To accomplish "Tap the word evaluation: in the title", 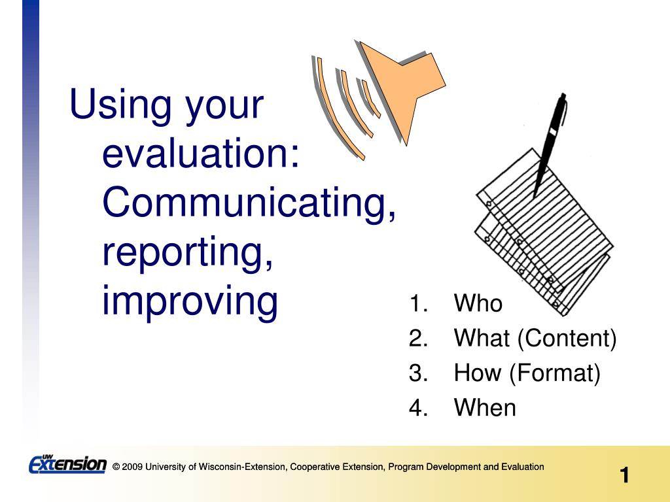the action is pyautogui.click(x=201, y=153).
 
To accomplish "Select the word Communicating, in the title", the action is pyautogui.click(x=249, y=204).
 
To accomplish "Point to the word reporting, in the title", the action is pyautogui.click(x=188, y=254).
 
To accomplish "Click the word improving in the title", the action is pyautogui.click(x=190, y=302).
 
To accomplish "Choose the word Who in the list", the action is pyautogui.click(x=478, y=303).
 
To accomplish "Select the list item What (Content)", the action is pyautogui.click(x=535, y=338).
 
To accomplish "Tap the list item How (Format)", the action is pyautogui.click(x=527, y=373).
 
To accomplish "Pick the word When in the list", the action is pyautogui.click(x=485, y=407).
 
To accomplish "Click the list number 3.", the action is pyautogui.click(x=418, y=373).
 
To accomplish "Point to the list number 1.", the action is pyautogui.click(x=418, y=303).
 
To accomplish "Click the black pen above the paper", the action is pyautogui.click(x=550, y=145).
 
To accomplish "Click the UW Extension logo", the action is pyautogui.click(x=67, y=464).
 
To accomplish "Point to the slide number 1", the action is pyautogui.click(x=624, y=475).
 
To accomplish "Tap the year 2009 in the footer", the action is pyautogui.click(x=132, y=467).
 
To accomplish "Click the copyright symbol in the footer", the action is pyautogui.click(x=116, y=467).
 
